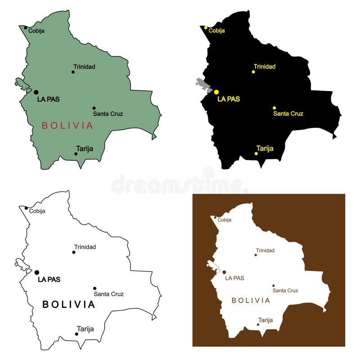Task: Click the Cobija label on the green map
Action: point(36,31)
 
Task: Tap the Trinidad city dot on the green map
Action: point(73,72)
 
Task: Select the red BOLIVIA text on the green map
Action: point(67,126)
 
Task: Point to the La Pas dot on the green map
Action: point(36,92)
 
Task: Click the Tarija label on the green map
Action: point(85,148)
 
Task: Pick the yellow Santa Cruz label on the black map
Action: point(288,114)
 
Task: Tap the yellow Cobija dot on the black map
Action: point(206,28)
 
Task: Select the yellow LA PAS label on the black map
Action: point(229,99)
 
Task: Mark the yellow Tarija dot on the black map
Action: point(256,153)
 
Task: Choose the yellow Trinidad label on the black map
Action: point(264,67)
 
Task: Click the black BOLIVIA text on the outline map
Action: point(69,305)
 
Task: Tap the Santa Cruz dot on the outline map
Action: point(94,288)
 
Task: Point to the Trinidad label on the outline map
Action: point(85,247)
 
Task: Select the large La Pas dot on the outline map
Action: point(37,272)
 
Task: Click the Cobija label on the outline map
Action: point(37,211)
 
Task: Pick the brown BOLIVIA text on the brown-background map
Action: point(251,301)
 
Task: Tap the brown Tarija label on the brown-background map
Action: point(265,320)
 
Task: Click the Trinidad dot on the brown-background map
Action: point(256,255)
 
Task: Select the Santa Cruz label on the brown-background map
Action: point(285,291)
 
